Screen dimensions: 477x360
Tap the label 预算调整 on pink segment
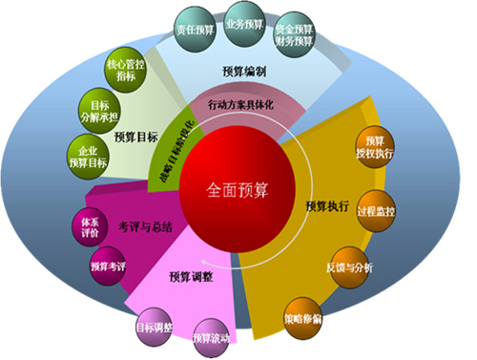tap(190, 277)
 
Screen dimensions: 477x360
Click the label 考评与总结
tap(140, 228)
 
